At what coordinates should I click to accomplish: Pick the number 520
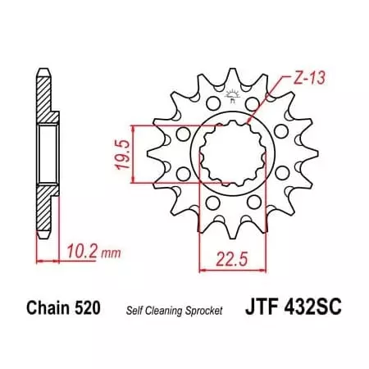(x=89, y=309)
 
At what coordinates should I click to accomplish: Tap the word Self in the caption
(x=134, y=310)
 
